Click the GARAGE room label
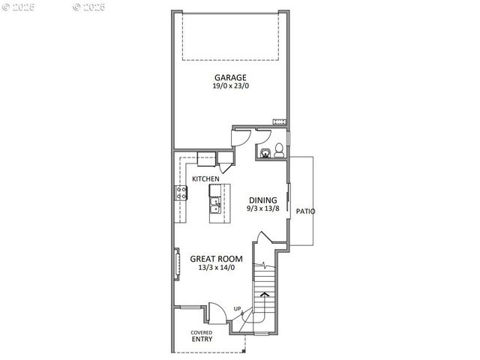pyautogui.click(x=230, y=77)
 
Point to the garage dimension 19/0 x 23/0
pyautogui.click(x=230, y=86)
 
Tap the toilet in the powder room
pyautogui.click(x=277, y=149)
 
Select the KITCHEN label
pyautogui.click(x=205, y=178)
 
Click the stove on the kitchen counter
pyautogui.click(x=181, y=193)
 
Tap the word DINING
pyautogui.click(x=262, y=199)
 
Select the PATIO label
pyautogui.click(x=304, y=211)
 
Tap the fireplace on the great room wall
pyautogui.click(x=178, y=264)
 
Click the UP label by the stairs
pyautogui.click(x=237, y=309)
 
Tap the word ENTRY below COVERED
pyautogui.click(x=201, y=340)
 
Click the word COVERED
pyautogui.click(x=201, y=332)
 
